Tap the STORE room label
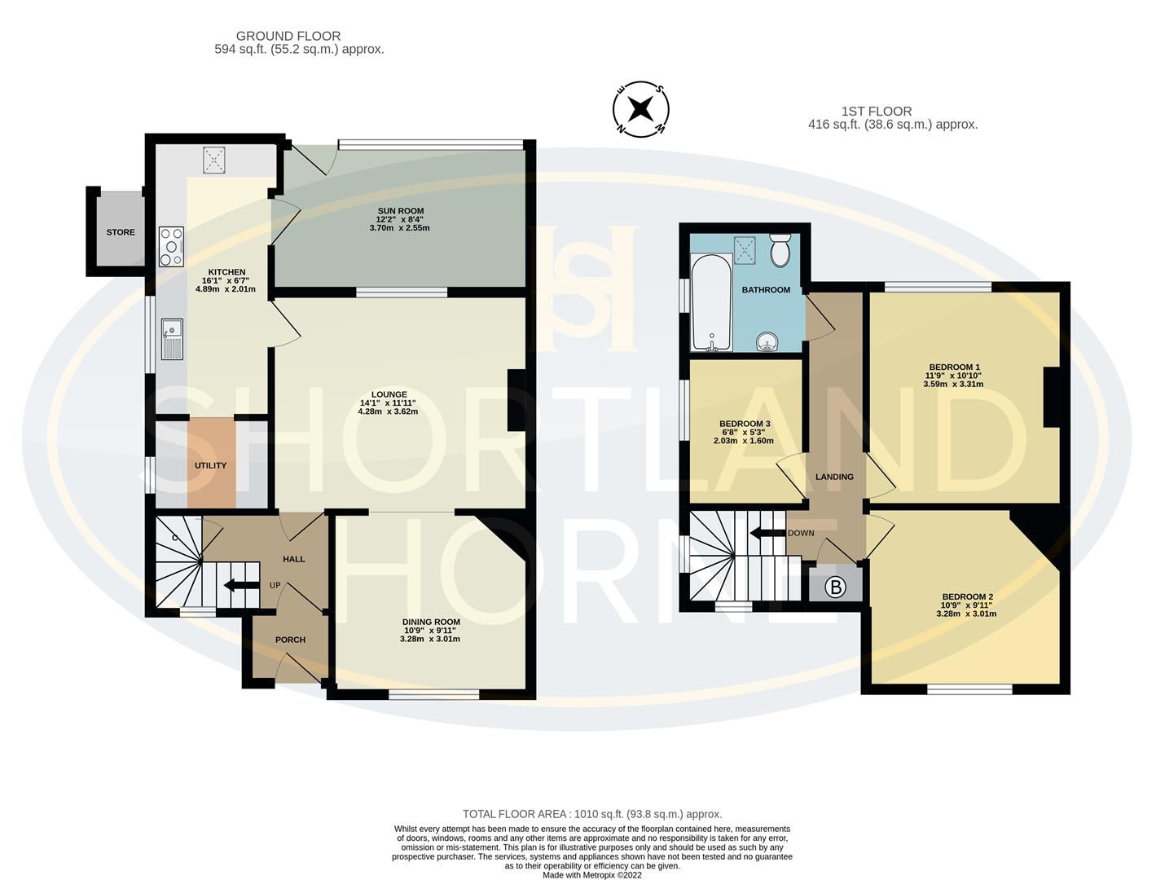(x=121, y=232)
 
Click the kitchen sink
(x=172, y=339)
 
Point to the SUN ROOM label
(x=400, y=211)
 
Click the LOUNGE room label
(x=389, y=394)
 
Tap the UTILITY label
(x=210, y=465)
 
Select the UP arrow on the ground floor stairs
(x=237, y=584)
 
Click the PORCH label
(x=290, y=640)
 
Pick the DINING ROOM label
(x=432, y=622)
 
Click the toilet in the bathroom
(x=780, y=252)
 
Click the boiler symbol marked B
(x=835, y=587)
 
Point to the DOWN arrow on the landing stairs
(x=766, y=534)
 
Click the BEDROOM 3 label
(x=745, y=425)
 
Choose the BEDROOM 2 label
(x=967, y=596)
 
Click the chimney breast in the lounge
(x=516, y=400)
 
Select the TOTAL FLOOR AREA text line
(x=592, y=813)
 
